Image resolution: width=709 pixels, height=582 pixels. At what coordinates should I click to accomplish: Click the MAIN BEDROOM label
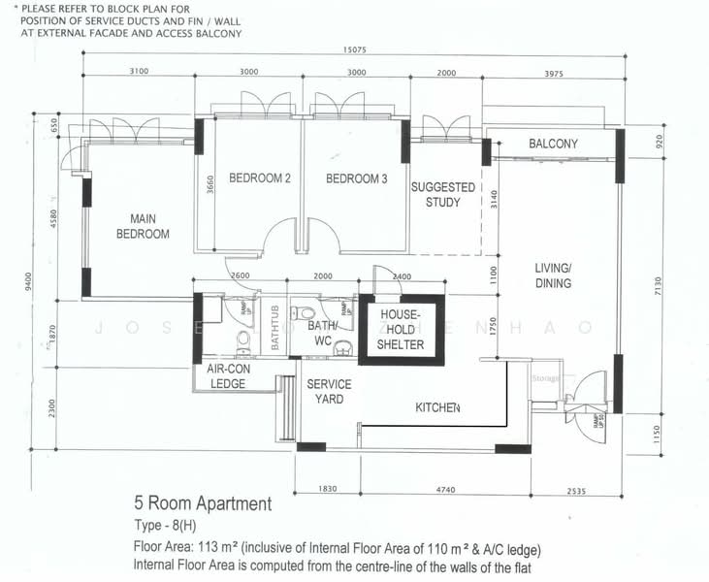pos(143,226)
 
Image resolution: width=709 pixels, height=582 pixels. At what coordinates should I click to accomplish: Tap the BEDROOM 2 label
pos(260,178)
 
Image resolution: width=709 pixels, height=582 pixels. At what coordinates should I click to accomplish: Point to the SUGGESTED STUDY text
pos(442,194)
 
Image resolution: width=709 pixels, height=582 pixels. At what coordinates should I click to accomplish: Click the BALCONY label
pos(553,145)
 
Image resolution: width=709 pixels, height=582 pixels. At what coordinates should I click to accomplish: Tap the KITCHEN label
pos(437,408)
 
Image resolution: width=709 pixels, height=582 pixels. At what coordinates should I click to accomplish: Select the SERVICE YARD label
pos(329,391)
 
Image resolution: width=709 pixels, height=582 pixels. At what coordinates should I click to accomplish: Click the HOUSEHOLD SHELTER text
pos(401,329)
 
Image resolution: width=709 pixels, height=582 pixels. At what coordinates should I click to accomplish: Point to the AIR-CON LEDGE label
pos(228,376)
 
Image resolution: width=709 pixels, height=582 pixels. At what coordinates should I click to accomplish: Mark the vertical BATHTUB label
pos(275,328)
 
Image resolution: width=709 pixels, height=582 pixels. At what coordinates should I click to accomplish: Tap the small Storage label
pos(545,378)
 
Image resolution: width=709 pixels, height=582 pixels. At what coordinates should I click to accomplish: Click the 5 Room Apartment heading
pos(203,504)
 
